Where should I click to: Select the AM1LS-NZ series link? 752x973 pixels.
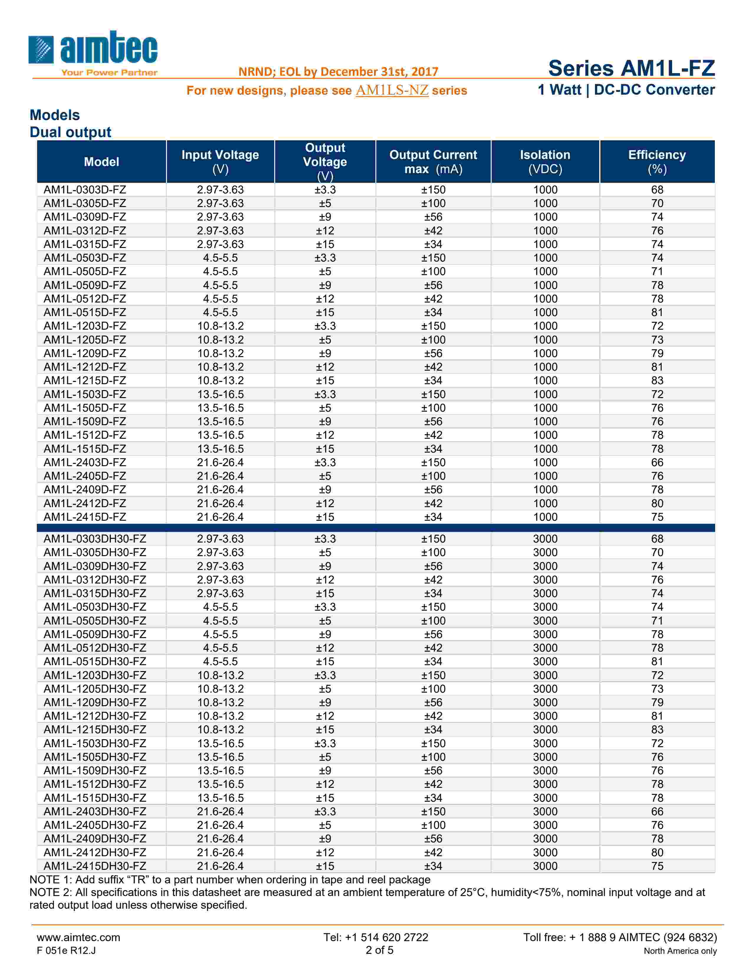392,91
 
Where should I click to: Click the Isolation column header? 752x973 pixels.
545,162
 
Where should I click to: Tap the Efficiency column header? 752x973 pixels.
657,162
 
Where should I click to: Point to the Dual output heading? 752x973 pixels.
70,132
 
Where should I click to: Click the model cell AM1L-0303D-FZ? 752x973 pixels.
85,190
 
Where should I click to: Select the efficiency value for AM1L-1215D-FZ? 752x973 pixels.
657,380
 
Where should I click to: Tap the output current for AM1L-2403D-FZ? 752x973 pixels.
433,462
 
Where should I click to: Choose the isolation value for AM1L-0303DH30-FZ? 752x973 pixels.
545,539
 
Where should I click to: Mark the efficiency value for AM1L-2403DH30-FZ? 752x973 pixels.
657,811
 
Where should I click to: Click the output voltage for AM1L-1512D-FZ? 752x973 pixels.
325,435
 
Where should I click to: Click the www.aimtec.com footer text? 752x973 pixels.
78,937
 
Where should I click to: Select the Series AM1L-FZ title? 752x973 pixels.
631,68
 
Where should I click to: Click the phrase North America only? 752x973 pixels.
680,951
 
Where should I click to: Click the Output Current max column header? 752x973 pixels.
433,162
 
